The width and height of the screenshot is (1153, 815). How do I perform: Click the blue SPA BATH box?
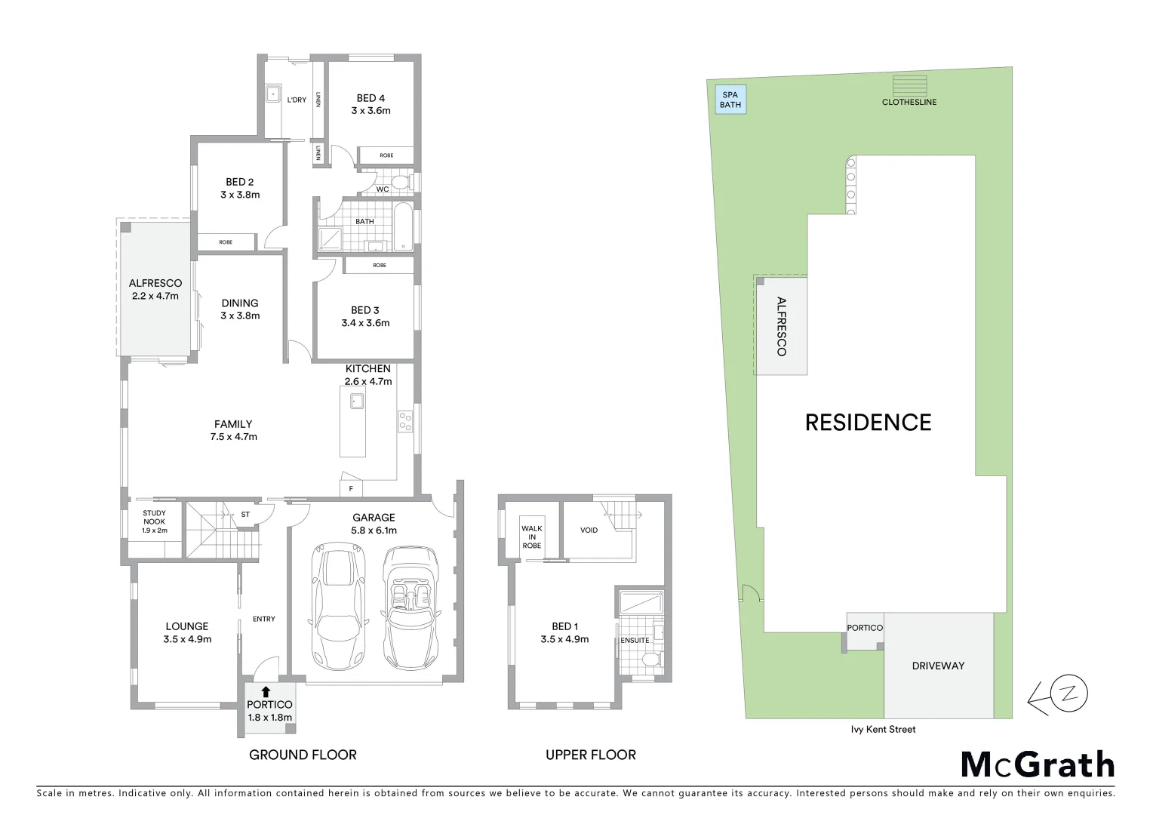click(730, 100)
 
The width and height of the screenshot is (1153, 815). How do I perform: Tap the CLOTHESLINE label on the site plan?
click(909, 102)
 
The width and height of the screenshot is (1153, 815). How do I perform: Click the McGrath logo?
click(1038, 764)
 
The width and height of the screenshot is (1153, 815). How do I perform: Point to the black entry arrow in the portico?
click(265, 691)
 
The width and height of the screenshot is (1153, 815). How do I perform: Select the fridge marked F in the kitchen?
click(351, 488)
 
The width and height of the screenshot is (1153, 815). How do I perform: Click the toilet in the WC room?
click(401, 183)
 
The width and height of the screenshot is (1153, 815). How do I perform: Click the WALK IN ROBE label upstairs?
click(531, 537)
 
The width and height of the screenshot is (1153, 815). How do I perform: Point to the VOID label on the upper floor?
click(589, 531)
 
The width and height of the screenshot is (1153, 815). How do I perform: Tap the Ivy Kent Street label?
click(882, 729)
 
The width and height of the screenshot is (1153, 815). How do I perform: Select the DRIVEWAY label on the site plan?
click(938, 666)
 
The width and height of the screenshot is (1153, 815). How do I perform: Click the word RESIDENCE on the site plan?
click(868, 422)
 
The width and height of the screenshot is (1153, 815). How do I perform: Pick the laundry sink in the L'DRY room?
click(272, 96)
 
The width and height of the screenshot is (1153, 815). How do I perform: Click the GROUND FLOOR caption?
click(303, 755)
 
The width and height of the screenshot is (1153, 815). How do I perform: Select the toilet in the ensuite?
click(650, 660)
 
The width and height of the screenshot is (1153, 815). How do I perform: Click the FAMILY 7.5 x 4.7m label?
click(233, 430)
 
